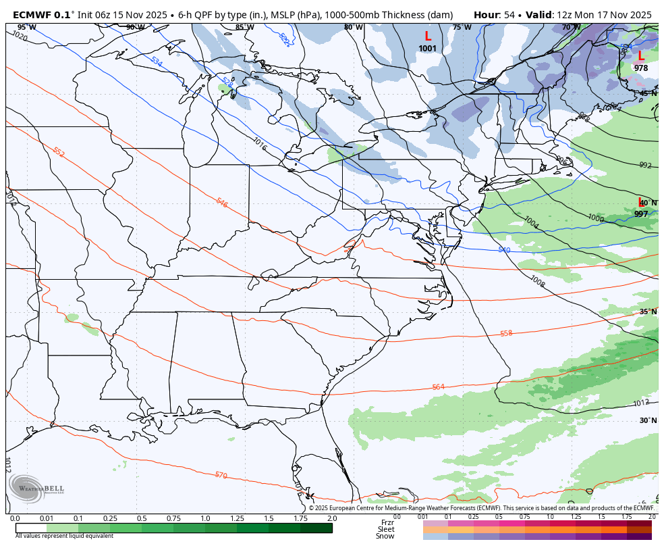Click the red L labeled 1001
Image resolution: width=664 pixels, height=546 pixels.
[x=427, y=36]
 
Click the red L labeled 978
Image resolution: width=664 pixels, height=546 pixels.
[x=640, y=57]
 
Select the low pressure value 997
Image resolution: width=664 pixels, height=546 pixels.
[x=640, y=214]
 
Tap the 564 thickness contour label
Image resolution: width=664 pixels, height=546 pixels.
[x=438, y=387]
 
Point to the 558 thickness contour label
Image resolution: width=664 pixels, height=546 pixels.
[x=506, y=333]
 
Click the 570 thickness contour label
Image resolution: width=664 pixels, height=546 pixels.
[x=221, y=475]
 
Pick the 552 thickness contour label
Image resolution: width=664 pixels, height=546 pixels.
[x=59, y=153]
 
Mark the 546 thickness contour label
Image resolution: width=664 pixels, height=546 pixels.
[x=221, y=202]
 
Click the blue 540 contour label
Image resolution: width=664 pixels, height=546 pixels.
[x=504, y=250]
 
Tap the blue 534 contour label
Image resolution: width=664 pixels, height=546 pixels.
[x=157, y=61]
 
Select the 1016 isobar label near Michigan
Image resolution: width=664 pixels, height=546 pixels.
[x=259, y=143]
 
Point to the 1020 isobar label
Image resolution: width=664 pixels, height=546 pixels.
[x=20, y=36]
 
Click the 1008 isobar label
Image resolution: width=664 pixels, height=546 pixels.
[x=537, y=280]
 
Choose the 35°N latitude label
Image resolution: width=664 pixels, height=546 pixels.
[x=648, y=312]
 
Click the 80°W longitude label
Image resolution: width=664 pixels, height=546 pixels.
[x=353, y=28]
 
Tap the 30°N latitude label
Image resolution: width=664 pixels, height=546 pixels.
[x=648, y=420]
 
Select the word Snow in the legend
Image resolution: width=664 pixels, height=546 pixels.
[x=385, y=536]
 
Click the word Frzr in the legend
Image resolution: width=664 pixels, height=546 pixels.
[x=387, y=522]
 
